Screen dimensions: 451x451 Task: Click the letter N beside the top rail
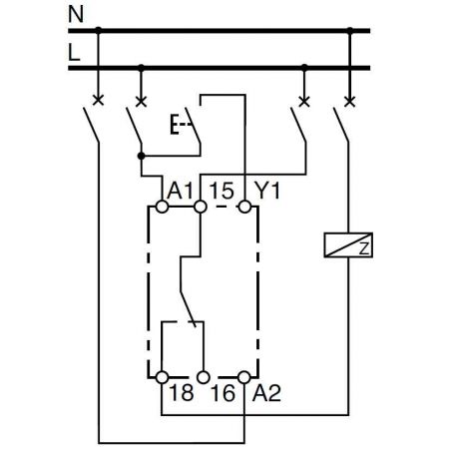point(73,15)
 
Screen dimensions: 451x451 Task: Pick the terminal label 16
point(223,395)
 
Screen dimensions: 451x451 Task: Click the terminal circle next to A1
point(161,208)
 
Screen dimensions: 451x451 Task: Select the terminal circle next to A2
point(243,377)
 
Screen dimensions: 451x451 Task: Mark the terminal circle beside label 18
point(161,377)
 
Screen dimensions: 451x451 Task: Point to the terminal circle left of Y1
point(243,208)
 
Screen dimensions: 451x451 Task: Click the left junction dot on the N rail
point(97,31)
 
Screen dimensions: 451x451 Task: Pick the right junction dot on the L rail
point(304,68)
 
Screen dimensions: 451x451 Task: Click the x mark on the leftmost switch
point(97,101)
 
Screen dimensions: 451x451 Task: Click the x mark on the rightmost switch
point(348,101)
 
